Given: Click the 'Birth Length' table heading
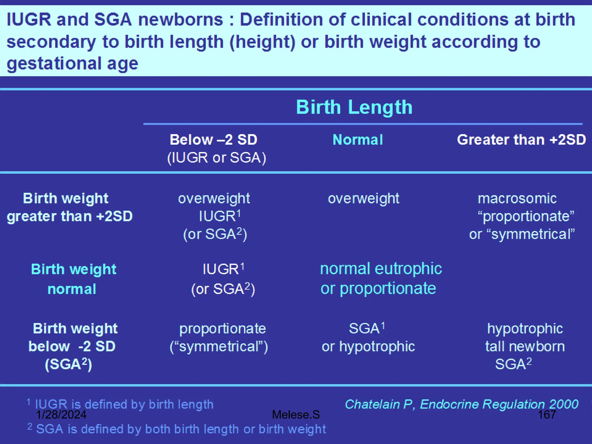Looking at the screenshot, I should point(354,107).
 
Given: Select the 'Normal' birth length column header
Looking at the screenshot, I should point(358,140).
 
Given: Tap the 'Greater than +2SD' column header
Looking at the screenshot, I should point(521,140).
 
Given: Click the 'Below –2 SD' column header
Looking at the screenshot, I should point(213,140).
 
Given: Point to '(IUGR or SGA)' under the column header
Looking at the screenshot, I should point(217,158).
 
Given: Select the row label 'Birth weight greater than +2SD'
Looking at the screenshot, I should point(69,207).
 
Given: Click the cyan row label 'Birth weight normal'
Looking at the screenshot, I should point(73,279).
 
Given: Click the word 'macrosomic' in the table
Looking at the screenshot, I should point(517,199).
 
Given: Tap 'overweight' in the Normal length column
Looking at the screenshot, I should point(363,199).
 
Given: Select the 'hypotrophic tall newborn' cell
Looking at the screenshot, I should point(525,338).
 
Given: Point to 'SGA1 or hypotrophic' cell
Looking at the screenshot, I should point(368,337).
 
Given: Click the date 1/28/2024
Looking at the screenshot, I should point(61,415).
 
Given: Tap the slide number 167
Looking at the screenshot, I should point(547,415).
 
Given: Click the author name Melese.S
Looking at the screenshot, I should point(296,415).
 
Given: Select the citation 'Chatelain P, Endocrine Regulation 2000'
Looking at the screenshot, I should point(461,404).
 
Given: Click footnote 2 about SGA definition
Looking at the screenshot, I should point(181,429).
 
